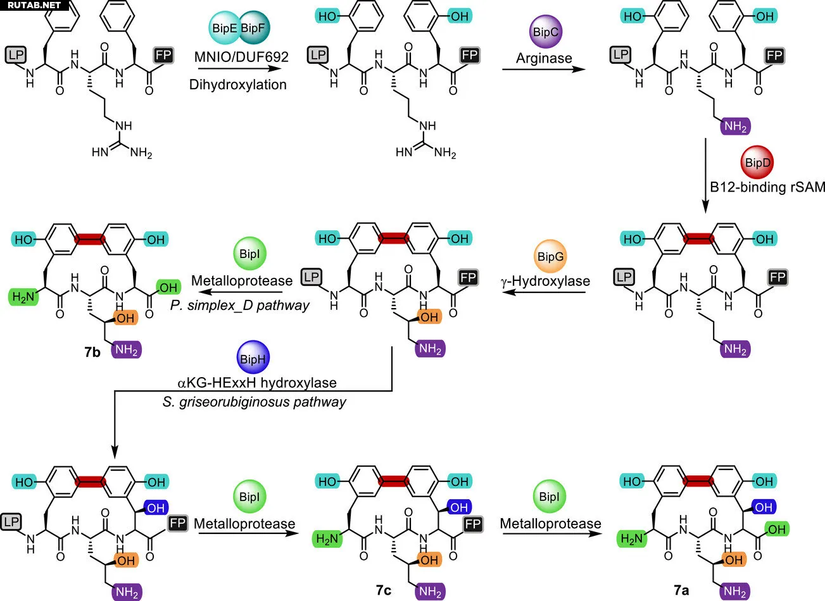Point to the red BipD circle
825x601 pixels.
click(x=758, y=163)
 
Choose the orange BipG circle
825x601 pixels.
click(x=550, y=256)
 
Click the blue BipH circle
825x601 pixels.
click(x=252, y=359)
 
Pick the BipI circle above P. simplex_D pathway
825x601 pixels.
click(x=249, y=254)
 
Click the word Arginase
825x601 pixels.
click(x=544, y=58)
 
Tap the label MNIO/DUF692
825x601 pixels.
click(x=241, y=57)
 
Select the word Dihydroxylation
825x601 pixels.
click(x=238, y=84)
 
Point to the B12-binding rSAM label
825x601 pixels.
click(x=767, y=187)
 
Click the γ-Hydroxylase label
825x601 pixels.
click(x=545, y=281)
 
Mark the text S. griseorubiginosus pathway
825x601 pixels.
click(x=255, y=402)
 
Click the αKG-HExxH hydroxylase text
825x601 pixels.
click(x=256, y=382)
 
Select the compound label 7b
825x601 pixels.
click(x=92, y=352)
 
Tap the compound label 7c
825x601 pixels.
click(x=383, y=590)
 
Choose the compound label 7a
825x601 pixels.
click(x=681, y=590)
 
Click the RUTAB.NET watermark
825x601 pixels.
click(x=34, y=5)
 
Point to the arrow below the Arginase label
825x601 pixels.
click(x=544, y=70)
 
